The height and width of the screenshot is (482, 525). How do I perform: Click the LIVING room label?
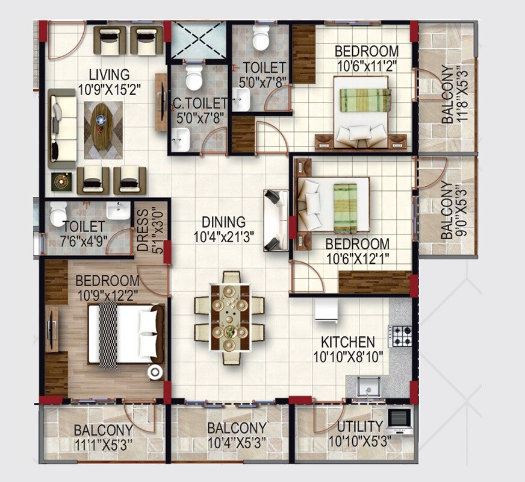(x=109, y=75)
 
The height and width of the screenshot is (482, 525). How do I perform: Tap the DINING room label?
(x=223, y=222)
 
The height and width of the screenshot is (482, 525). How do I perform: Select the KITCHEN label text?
(x=347, y=342)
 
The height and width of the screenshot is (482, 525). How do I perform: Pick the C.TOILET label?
(x=200, y=104)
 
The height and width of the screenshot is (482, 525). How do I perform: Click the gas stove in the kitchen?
(x=400, y=336)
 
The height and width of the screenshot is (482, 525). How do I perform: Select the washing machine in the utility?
(x=399, y=418)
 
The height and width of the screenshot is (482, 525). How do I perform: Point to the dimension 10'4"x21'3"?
(x=223, y=237)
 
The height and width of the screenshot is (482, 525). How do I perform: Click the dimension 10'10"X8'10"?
(x=347, y=357)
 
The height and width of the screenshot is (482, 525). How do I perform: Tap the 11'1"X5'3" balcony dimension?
(x=103, y=445)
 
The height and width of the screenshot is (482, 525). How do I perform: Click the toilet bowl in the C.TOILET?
(x=194, y=78)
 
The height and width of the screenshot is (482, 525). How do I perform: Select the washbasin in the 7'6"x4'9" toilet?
(x=118, y=210)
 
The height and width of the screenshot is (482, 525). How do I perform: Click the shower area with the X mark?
(x=198, y=41)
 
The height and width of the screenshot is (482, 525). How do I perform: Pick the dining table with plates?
(x=229, y=316)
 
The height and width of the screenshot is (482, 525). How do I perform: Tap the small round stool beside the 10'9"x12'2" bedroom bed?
(x=155, y=372)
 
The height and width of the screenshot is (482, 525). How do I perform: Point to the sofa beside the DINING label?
(x=276, y=220)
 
